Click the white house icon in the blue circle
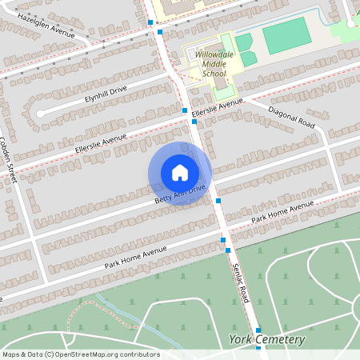pos(180,172)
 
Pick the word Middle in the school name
pos(214,65)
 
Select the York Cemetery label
pos(267,340)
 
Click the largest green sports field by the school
pos(286,35)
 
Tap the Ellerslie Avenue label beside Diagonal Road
pos(217,108)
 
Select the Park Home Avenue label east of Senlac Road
pos(282,212)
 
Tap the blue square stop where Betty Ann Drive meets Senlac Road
pos(218,201)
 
